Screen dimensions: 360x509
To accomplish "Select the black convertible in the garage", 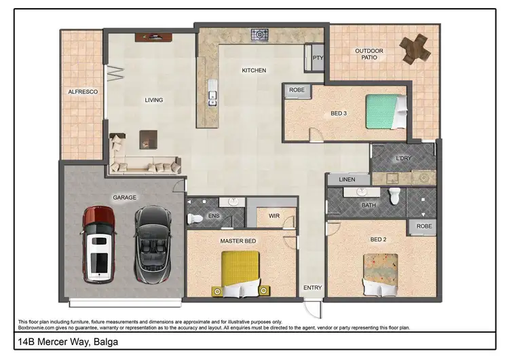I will pyautogui.click(x=150, y=245).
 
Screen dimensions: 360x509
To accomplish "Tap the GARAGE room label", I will pyautogui.click(x=124, y=198).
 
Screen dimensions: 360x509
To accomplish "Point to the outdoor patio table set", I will pyautogui.click(x=415, y=48).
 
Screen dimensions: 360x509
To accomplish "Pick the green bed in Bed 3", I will pyautogui.click(x=386, y=111).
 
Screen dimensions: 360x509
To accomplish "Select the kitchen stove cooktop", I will pyautogui.click(x=260, y=33).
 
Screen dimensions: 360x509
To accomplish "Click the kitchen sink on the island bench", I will pyautogui.click(x=212, y=98).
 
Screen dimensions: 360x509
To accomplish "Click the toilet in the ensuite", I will pyautogui.click(x=195, y=218).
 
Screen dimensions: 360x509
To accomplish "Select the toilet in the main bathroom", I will pyautogui.click(x=394, y=197).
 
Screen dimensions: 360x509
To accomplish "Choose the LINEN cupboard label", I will pyautogui.click(x=346, y=179).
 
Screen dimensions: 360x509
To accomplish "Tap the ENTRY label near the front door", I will pyautogui.click(x=312, y=288).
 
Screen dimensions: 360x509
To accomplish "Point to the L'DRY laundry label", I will pyautogui.click(x=404, y=158).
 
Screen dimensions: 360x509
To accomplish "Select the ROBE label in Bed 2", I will pyautogui.click(x=423, y=227).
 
